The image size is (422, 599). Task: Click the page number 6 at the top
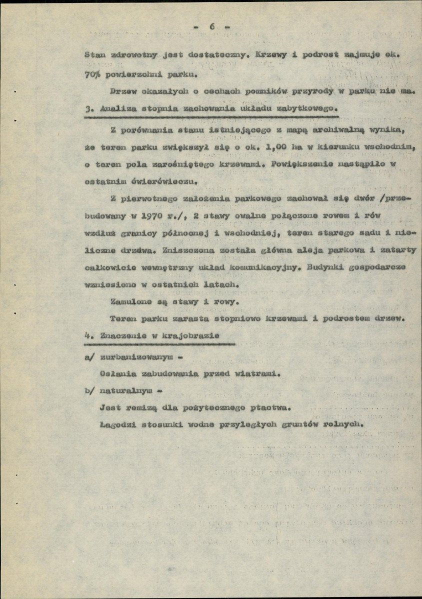[211, 27]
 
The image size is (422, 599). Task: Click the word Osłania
[115, 372]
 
